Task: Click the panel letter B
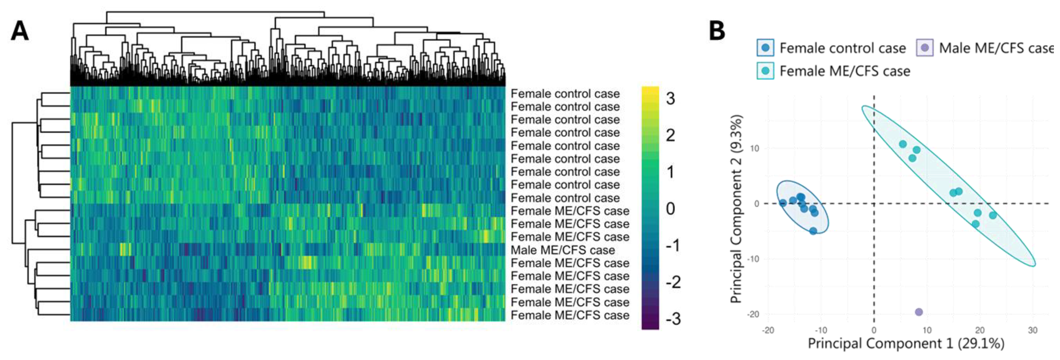coord(717,31)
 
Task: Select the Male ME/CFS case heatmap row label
coord(562,250)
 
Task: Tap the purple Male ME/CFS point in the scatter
coord(919,312)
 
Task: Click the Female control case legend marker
coord(765,48)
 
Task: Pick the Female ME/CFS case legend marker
coord(765,71)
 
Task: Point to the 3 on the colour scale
coord(670,99)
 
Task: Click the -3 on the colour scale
coord(673,319)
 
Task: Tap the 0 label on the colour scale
coord(670,209)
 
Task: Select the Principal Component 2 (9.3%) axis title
coord(736,209)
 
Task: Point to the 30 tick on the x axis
coord(1032,330)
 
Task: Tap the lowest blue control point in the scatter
coord(813,231)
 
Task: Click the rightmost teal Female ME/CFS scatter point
coord(992,215)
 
